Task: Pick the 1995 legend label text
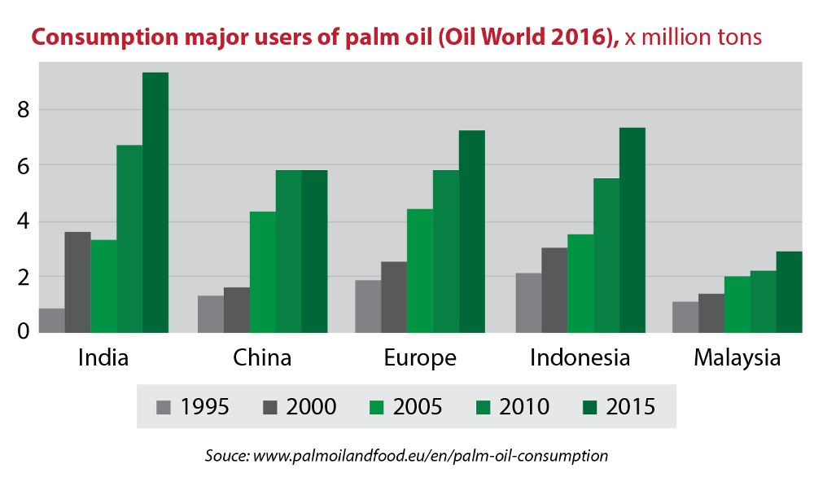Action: coord(205,406)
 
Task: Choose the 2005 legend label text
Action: coord(418,406)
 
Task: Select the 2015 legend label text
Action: coord(631,406)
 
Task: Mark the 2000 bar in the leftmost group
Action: coord(77,282)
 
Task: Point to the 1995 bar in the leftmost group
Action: coord(51,320)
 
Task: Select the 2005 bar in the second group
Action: coord(262,272)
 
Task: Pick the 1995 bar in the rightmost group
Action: coord(685,317)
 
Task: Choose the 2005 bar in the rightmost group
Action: coord(737,304)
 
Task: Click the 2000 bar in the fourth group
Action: coord(554,290)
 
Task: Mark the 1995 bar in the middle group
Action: coord(368,306)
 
